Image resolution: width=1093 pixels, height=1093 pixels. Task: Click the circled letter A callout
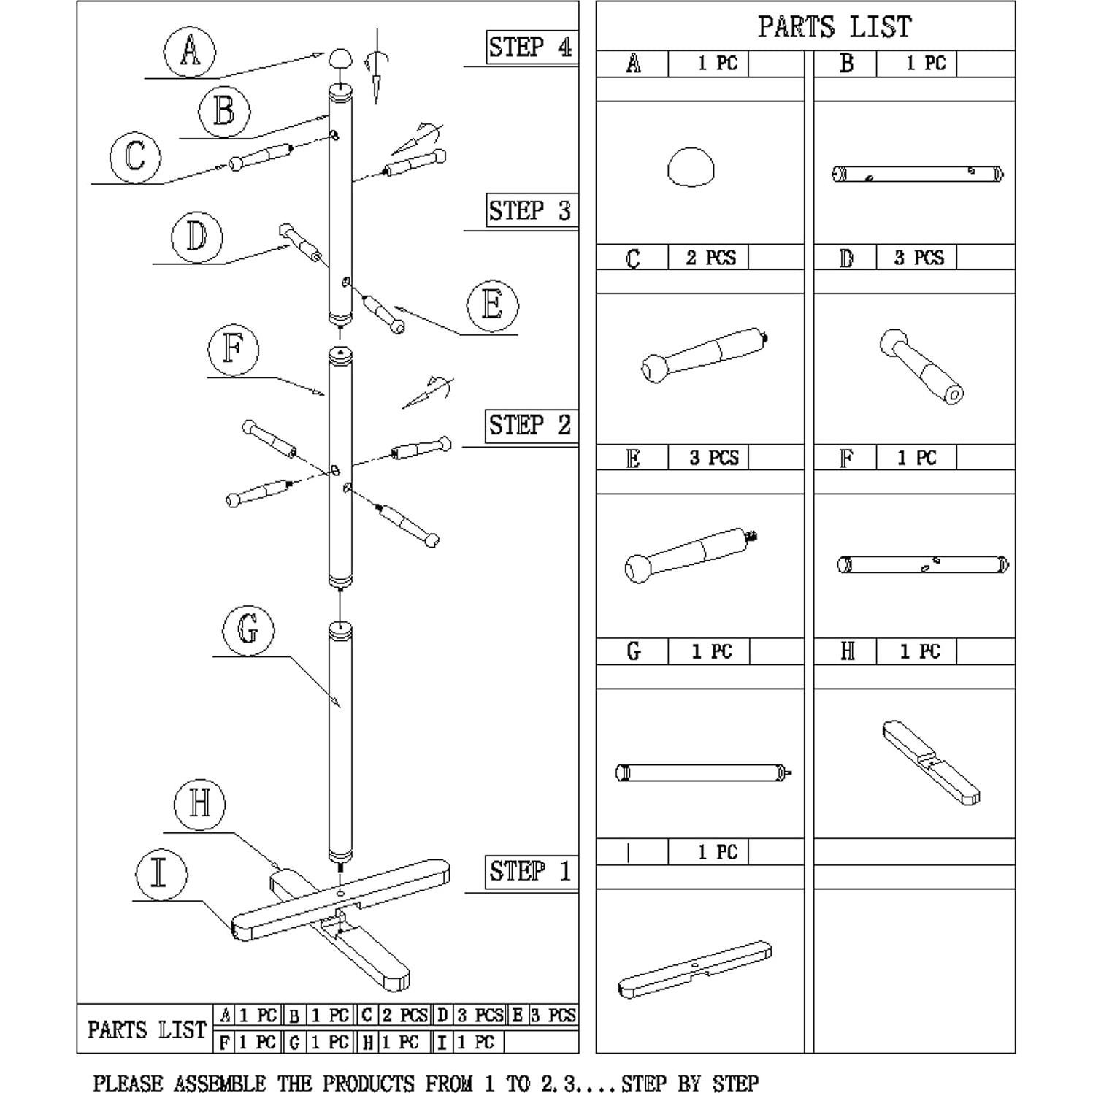tap(190, 52)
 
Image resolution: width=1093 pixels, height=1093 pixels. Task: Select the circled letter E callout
tap(492, 304)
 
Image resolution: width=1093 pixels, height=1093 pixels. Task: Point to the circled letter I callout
tap(160, 873)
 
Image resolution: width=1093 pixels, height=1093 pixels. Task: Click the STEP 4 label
tap(530, 47)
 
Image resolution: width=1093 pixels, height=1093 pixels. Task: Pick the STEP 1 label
tap(530, 871)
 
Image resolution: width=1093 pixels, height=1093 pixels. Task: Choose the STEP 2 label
tap(530, 425)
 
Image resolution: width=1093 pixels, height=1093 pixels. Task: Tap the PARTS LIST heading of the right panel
tap(835, 27)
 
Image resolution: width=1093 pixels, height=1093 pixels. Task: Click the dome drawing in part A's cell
tap(691, 168)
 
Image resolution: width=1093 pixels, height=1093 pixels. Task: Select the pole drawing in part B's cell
tap(917, 174)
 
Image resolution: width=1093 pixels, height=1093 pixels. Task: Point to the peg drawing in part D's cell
tap(921, 367)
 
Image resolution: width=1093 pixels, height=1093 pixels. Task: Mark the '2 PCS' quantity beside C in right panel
tap(710, 258)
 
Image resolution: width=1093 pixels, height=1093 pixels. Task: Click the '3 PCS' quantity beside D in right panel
tap(918, 258)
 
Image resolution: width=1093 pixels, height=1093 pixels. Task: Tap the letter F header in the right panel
tap(846, 459)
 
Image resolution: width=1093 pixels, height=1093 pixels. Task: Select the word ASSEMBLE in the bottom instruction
tap(220, 1083)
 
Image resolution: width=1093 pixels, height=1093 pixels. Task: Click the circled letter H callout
tap(199, 804)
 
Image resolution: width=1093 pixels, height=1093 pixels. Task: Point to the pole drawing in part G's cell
tap(704, 772)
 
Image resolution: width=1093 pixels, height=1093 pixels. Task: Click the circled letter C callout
tap(135, 156)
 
